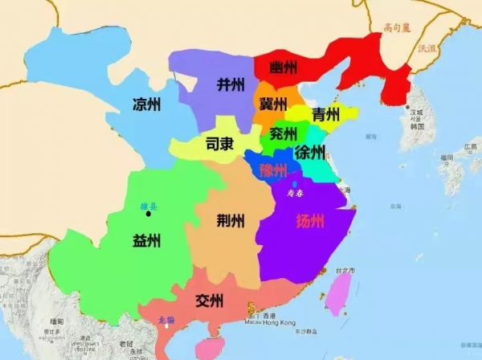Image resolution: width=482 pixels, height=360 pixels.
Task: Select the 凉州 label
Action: [146, 104]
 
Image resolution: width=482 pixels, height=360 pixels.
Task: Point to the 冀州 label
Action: [273, 104]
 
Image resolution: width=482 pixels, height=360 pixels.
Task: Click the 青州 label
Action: [325, 113]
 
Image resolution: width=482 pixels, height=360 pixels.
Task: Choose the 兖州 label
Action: [284, 133]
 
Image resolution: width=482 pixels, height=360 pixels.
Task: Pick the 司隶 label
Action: [219, 145]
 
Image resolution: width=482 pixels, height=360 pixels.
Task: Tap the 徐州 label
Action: [310, 153]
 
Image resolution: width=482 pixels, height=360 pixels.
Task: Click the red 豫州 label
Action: [273, 170]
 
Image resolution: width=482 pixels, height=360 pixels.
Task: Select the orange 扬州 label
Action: [311, 221]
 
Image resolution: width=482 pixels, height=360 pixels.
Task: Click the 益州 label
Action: [147, 240]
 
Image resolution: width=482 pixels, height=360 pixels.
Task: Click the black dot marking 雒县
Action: [148, 215]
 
